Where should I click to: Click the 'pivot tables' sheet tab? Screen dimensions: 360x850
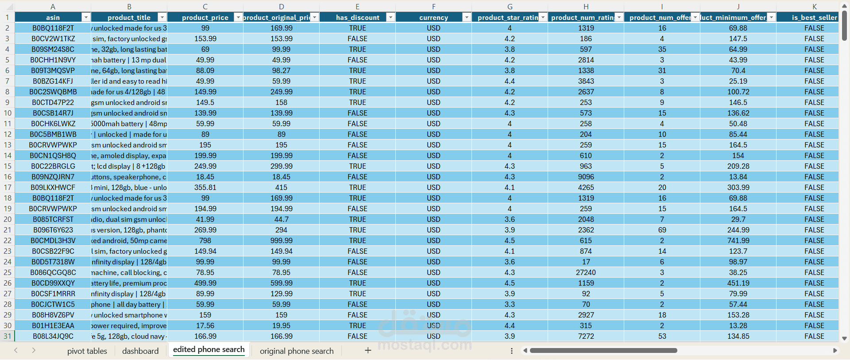pos(87,351)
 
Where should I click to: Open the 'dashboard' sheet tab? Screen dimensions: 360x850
pos(140,351)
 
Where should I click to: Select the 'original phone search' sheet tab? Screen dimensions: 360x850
pos(297,351)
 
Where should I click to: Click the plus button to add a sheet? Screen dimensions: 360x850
pos(367,351)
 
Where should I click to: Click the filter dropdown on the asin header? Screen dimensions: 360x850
pos(86,17)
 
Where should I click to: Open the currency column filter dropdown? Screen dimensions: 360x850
pos(466,17)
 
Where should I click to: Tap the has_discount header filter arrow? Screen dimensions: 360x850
pos(390,17)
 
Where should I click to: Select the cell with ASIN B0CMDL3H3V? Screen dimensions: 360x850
pos(53,240)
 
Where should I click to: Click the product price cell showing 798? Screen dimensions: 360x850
pos(205,240)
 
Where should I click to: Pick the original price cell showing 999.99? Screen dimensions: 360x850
pos(281,240)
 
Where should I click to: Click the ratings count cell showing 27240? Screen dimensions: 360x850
pos(586,272)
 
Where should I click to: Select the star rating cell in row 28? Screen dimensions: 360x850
pos(510,304)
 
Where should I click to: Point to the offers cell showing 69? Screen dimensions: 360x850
pos(662,230)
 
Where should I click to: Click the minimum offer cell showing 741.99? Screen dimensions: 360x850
pos(738,240)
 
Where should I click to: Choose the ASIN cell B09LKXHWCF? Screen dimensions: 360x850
pos(53,187)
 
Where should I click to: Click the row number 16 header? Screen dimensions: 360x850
pos(8,177)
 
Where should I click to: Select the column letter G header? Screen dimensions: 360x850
pos(510,7)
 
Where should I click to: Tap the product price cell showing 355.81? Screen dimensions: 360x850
pos(205,187)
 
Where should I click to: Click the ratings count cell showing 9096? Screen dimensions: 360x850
pos(586,177)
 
